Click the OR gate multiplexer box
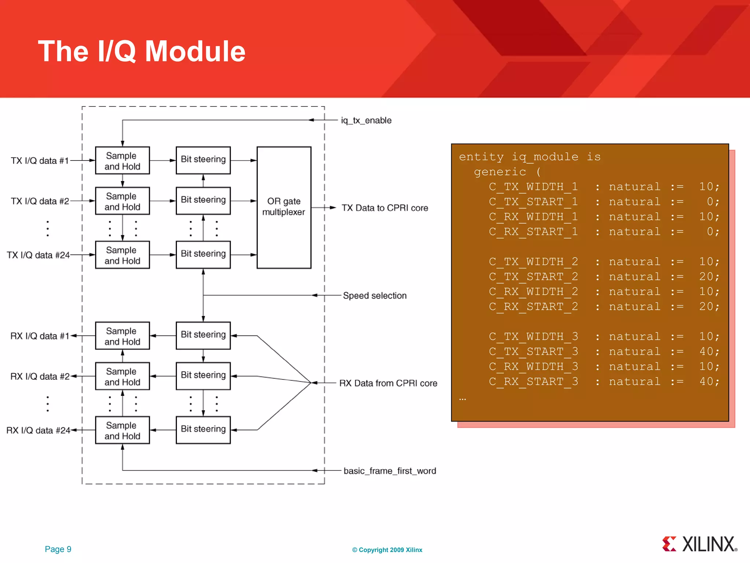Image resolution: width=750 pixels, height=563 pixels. click(284, 207)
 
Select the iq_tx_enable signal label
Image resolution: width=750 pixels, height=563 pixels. click(366, 120)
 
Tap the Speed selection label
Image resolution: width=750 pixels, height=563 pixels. click(375, 295)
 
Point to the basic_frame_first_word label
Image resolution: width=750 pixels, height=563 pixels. click(390, 471)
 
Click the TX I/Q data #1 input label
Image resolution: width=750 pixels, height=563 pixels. click(40, 161)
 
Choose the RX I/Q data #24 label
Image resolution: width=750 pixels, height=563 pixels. click(38, 430)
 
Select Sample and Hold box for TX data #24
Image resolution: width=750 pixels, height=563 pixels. click(122, 255)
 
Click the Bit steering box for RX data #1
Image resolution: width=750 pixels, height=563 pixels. click(203, 335)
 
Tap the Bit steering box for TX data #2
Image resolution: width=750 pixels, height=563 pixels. click(203, 200)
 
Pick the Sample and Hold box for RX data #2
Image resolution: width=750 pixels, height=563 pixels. click(122, 376)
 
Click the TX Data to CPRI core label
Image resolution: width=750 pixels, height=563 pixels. click(385, 208)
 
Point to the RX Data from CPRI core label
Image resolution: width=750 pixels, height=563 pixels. click(388, 383)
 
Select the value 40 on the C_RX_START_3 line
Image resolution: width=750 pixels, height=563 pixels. click(709, 382)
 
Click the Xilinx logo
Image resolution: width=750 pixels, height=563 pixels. click(699, 544)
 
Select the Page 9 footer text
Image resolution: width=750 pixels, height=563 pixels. click(58, 549)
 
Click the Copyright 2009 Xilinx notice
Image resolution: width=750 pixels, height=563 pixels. click(387, 550)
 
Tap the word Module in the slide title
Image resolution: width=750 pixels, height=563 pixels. click(195, 51)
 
